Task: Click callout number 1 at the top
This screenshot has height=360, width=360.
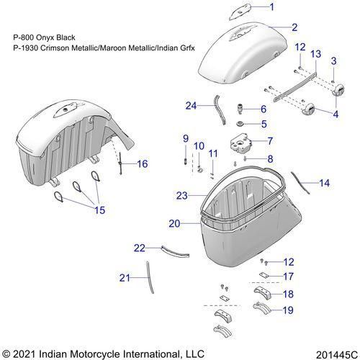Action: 271,7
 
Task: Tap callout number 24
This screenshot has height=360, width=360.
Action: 191,106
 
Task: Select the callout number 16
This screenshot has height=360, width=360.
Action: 143,164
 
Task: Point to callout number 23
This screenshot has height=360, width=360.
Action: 181,196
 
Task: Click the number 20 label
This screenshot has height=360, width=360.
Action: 174,224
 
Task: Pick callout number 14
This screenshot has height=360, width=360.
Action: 325,183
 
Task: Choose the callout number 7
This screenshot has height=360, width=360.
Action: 270,141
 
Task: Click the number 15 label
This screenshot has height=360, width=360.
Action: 100,210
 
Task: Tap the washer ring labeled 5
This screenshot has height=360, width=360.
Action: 240,124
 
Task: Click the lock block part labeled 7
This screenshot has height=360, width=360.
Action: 241,143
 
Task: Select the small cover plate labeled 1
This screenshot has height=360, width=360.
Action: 239,12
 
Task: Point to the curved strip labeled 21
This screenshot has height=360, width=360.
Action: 150,277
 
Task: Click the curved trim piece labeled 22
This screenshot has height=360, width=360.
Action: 175,251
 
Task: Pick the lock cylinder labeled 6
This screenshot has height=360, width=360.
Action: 240,109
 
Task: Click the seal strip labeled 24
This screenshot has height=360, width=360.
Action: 220,109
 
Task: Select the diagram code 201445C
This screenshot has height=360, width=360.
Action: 337,355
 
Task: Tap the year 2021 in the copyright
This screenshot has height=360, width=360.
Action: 24,354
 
